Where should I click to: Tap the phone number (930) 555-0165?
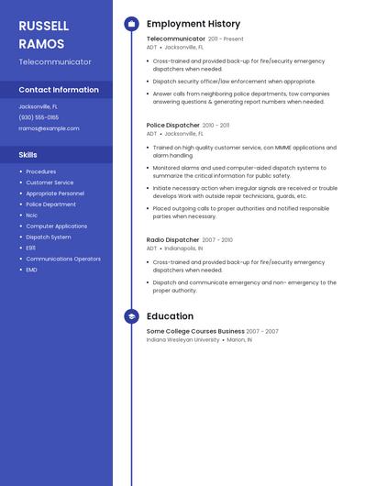tap(39, 117)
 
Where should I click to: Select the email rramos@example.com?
tap(49, 128)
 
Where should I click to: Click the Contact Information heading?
tap(59, 90)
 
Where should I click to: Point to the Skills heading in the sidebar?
tap(28, 155)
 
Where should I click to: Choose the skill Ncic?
tap(32, 215)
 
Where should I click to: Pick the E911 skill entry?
tap(31, 248)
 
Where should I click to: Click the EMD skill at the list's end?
tap(32, 270)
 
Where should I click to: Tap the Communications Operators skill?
tap(63, 259)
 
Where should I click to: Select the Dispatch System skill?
tap(49, 237)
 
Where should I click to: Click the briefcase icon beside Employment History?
tap(131, 24)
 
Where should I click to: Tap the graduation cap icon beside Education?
tap(131, 316)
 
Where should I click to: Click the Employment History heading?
tap(194, 24)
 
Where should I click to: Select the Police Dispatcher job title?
tap(172, 125)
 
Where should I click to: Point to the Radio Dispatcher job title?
tap(172, 240)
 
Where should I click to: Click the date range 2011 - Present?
tap(226, 39)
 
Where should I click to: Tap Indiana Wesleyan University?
tap(183, 339)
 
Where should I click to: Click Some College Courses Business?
tap(195, 331)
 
